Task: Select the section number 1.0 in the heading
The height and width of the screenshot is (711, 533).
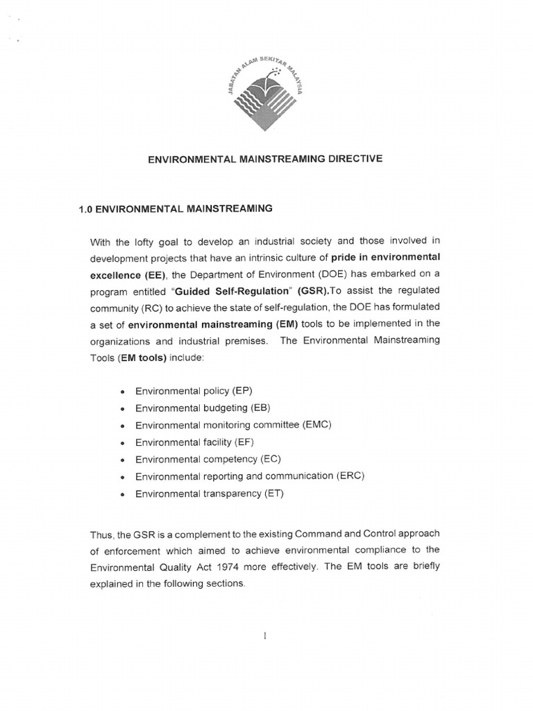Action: click(x=86, y=208)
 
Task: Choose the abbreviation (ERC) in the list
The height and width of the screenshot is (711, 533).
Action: click(x=350, y=476)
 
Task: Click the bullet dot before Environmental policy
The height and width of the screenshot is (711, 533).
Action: click(x=121, y=392)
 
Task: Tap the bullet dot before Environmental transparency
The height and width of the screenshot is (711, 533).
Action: click(x=121, y=494)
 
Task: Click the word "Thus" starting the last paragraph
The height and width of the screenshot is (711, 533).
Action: click(x=102, y=533)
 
